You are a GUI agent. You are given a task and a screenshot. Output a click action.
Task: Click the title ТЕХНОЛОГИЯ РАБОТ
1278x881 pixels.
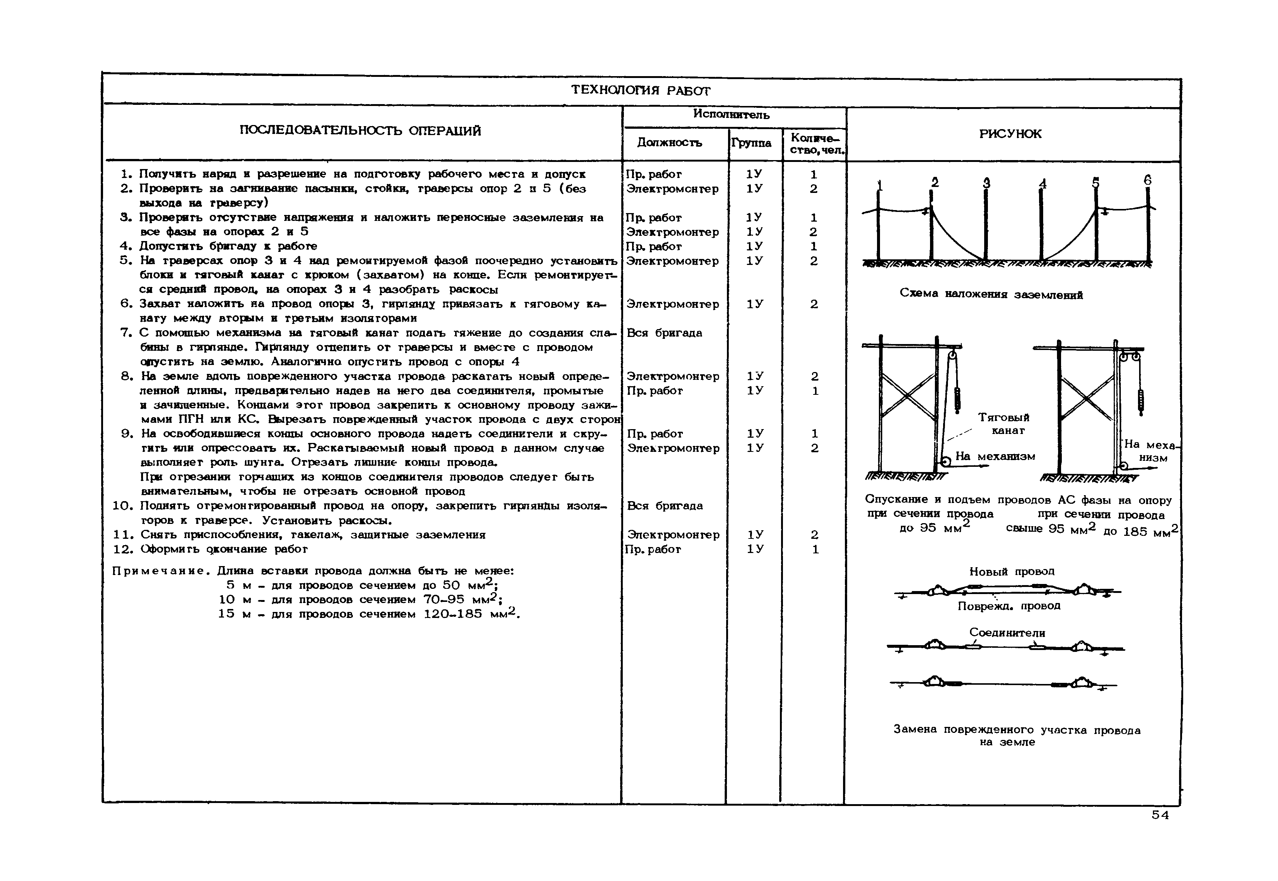click(x=641, y=90)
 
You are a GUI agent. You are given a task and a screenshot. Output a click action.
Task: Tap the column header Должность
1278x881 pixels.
click(x=669, y=143)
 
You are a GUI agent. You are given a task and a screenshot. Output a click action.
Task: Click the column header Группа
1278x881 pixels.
click(x=751, y=143)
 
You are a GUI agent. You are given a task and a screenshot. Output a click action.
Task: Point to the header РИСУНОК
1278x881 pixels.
click(x=1010, y=134)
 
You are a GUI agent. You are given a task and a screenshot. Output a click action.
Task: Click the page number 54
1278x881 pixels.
click(x=1160, y=815)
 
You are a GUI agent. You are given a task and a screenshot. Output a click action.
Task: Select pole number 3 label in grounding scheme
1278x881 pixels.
click(x=986, y=183)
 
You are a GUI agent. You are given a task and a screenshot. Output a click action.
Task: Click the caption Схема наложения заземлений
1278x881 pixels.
click(x=991, y=294)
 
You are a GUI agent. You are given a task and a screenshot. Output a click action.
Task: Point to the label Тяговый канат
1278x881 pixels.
click(x=1004, y=424)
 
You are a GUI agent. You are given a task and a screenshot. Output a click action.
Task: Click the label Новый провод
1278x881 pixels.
click(x=1012, y=571)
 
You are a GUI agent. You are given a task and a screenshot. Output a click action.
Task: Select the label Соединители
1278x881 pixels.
click(x=1007, y=632)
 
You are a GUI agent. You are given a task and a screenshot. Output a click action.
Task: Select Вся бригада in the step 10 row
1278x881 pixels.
click(x=665, y=506)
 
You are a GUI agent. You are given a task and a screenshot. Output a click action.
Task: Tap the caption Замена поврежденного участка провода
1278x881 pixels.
click(x=1017, y=730)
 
